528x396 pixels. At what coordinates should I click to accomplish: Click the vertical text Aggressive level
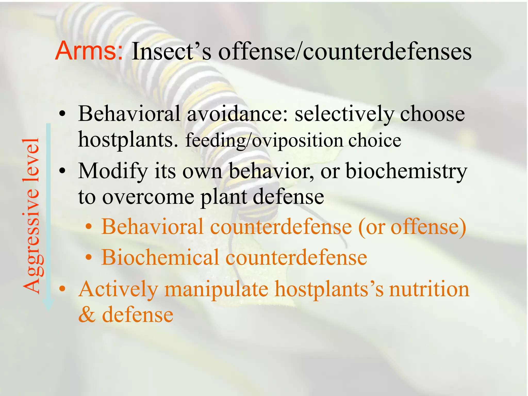point(31,216)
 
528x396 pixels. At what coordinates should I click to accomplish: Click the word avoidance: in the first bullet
point(237,114)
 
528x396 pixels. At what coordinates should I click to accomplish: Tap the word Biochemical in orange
point(160,257)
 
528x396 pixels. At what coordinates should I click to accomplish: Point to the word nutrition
point(429,290)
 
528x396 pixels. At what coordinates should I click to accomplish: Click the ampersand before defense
point(87,315)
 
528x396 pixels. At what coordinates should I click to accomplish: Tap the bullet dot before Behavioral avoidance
point(62,114)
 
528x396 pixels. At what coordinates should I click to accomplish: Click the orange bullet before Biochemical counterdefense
point(89,257)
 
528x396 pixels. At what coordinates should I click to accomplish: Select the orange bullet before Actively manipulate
point(62,289)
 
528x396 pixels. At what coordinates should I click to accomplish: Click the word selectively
point(344,114)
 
